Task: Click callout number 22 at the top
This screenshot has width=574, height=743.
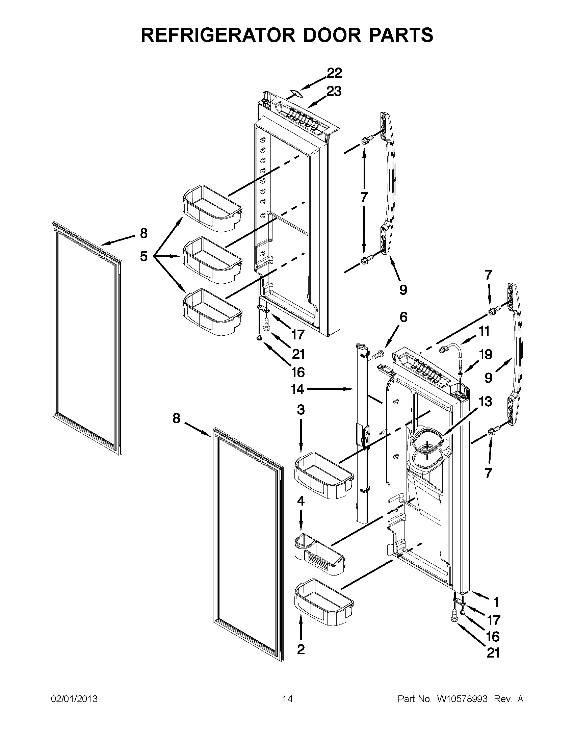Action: click(334, 73)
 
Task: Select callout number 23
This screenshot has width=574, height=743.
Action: click(334, 91)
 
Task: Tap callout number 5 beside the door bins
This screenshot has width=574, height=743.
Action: click(144, 256)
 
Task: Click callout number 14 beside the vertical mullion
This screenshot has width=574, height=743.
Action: click(297, 389)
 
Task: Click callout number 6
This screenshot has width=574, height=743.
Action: click(403, 317)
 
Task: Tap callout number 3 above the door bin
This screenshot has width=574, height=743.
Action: click(301, 410)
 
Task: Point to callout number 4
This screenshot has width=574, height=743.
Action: click(301, 501)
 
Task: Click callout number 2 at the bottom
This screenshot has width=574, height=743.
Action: click(301, 649)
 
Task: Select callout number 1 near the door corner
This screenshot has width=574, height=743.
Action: click(496, 603)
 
